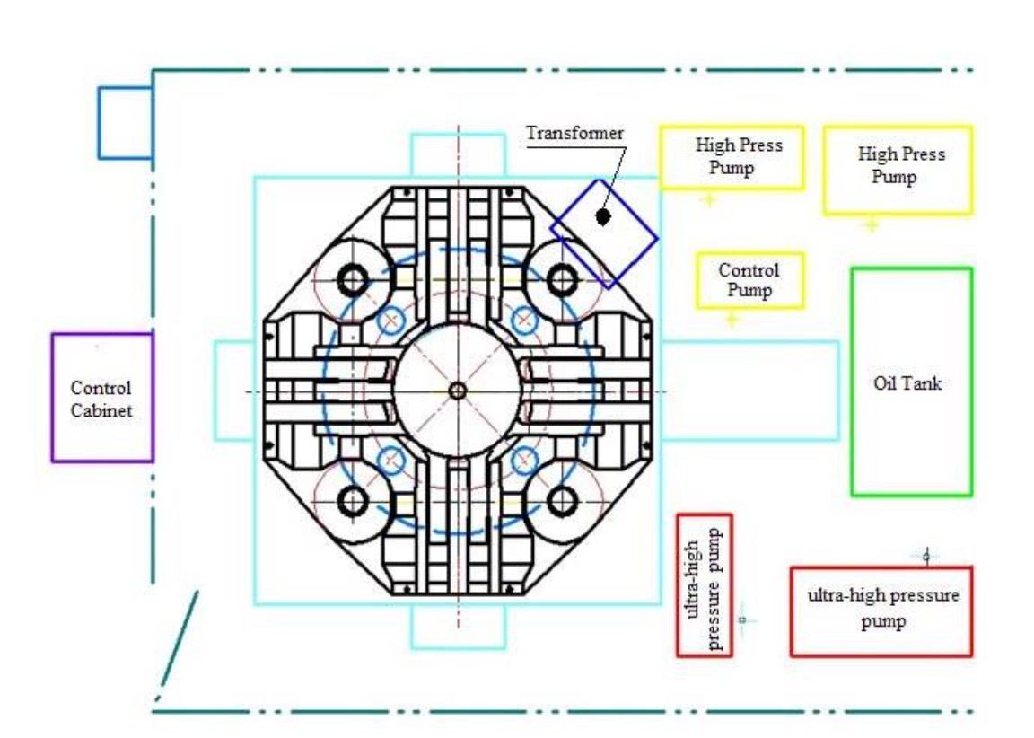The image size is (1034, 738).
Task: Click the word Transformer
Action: [x=574, y=133]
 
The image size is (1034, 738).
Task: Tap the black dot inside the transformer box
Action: [x=603, y=215]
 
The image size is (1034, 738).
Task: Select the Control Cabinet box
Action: [x=102, y=398]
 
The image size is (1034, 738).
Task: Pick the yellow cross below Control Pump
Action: [x=732, y=320]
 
